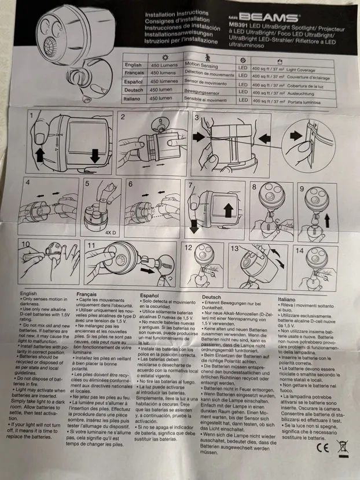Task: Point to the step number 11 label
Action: click(x=91, y=245)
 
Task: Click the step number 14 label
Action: click(x=299, y=250)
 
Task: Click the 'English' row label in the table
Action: click(x=133, y=65)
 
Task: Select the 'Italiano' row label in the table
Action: click(x=134, y=99)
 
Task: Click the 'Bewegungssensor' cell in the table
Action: click(x=204, y=91)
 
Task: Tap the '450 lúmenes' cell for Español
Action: click(x=165, y=83)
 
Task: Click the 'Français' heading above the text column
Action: click(x=86, y=294)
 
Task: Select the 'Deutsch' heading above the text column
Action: click(x=211, y=297)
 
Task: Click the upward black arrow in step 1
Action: click(x=40, y=153)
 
